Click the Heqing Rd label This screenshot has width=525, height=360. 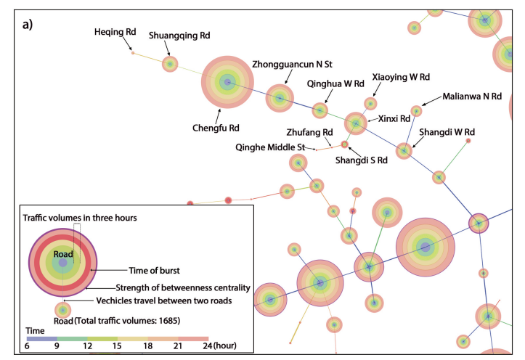pyautogui.click(x=115, y=32)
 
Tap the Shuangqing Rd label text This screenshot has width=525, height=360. pyautogui.click(x=179, y=36)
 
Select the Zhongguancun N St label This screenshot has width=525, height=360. pyautogui.click(x=292, y=65)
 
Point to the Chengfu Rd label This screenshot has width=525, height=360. pyautogui.click(x=216, y=128)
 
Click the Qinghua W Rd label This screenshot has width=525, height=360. pyautogui.click(x=335, y=83)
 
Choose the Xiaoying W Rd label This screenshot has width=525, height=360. pyautogui.click(x=401, y=77)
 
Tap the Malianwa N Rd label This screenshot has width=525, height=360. pyautogui.click(x=472, y=97)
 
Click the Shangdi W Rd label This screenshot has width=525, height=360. pyautogui.click(x=447, y=132)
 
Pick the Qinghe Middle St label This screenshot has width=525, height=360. pyautogui.click(x=270, y=147)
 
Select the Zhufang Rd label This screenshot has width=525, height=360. pyautogui.click(x=310, y=133)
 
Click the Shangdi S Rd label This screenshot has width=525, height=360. pyautogui.click(x=362, y=160)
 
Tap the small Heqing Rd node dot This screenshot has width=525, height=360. pyautogui.click(x=133, y=53)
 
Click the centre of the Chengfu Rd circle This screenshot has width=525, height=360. pyautogui.click(x=227, y=82)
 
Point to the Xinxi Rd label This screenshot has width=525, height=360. pyautogui.click(x=394, y=119)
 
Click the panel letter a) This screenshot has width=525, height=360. pyautogui.click(x=28, y=25)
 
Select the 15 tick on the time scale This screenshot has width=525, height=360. pyautogui.click(x=117, y=346)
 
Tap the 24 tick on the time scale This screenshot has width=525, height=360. pyautogui.click(x=207, y=346)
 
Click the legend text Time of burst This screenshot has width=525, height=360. pyautogui.click(x=155, y=271)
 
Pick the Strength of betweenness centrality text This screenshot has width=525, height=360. pyautogui.click(x=183, y=288)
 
